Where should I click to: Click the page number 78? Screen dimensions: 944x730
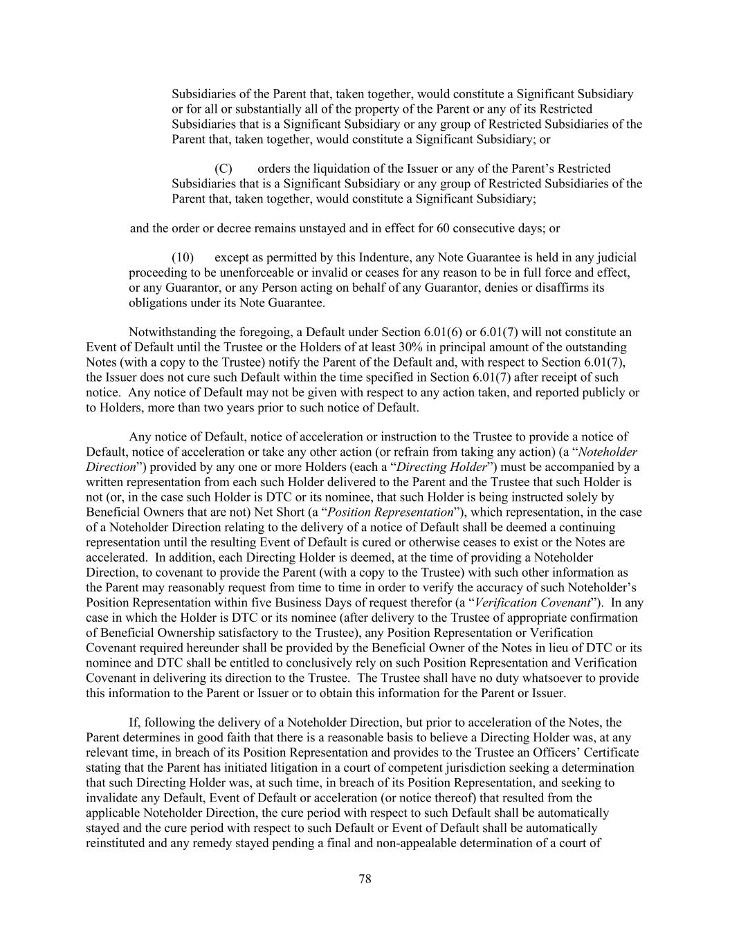point(365,878)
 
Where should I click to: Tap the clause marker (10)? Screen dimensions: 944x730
point(183,257)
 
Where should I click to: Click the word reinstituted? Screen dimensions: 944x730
point(116,843)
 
